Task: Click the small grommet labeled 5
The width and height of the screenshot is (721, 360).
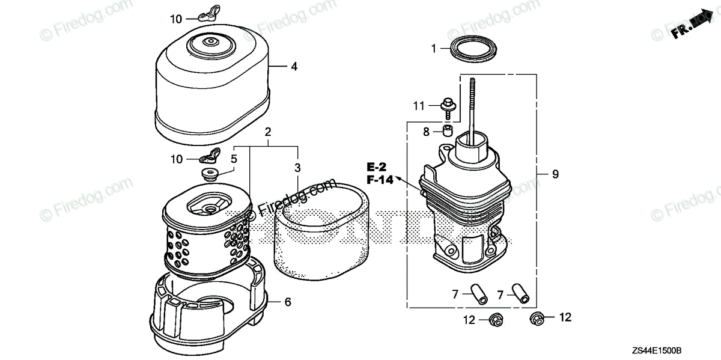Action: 210,174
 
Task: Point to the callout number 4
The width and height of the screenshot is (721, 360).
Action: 294,67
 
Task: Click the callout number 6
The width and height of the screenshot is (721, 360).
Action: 288,302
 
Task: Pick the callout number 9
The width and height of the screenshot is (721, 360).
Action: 555,174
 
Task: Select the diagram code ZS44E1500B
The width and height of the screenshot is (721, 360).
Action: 677,350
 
